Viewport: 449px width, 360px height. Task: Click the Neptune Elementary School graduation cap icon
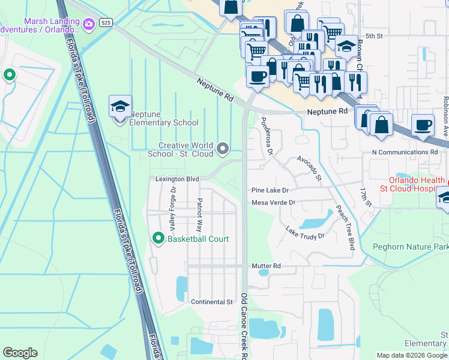pos(120,107)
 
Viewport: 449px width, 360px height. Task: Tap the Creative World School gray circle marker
pos(223,148)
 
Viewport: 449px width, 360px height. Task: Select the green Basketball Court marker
pos(158,239)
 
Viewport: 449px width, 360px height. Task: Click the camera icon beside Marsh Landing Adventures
pos(89,24)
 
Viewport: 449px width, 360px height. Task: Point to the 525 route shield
pos(106,22)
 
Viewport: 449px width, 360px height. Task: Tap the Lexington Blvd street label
pos(177,179)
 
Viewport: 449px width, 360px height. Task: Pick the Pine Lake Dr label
pos(270,190)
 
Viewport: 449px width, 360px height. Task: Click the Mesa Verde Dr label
pos(273,203)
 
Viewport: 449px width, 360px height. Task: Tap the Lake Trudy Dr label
pos(305,232)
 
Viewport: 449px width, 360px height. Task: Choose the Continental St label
pos(211,302)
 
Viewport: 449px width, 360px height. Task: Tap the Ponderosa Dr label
pos(267,136)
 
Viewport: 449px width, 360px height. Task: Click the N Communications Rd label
pos(405,152)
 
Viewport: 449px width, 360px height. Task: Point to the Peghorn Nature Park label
pos(410,246)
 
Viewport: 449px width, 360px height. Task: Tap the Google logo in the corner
pos(20,353)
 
